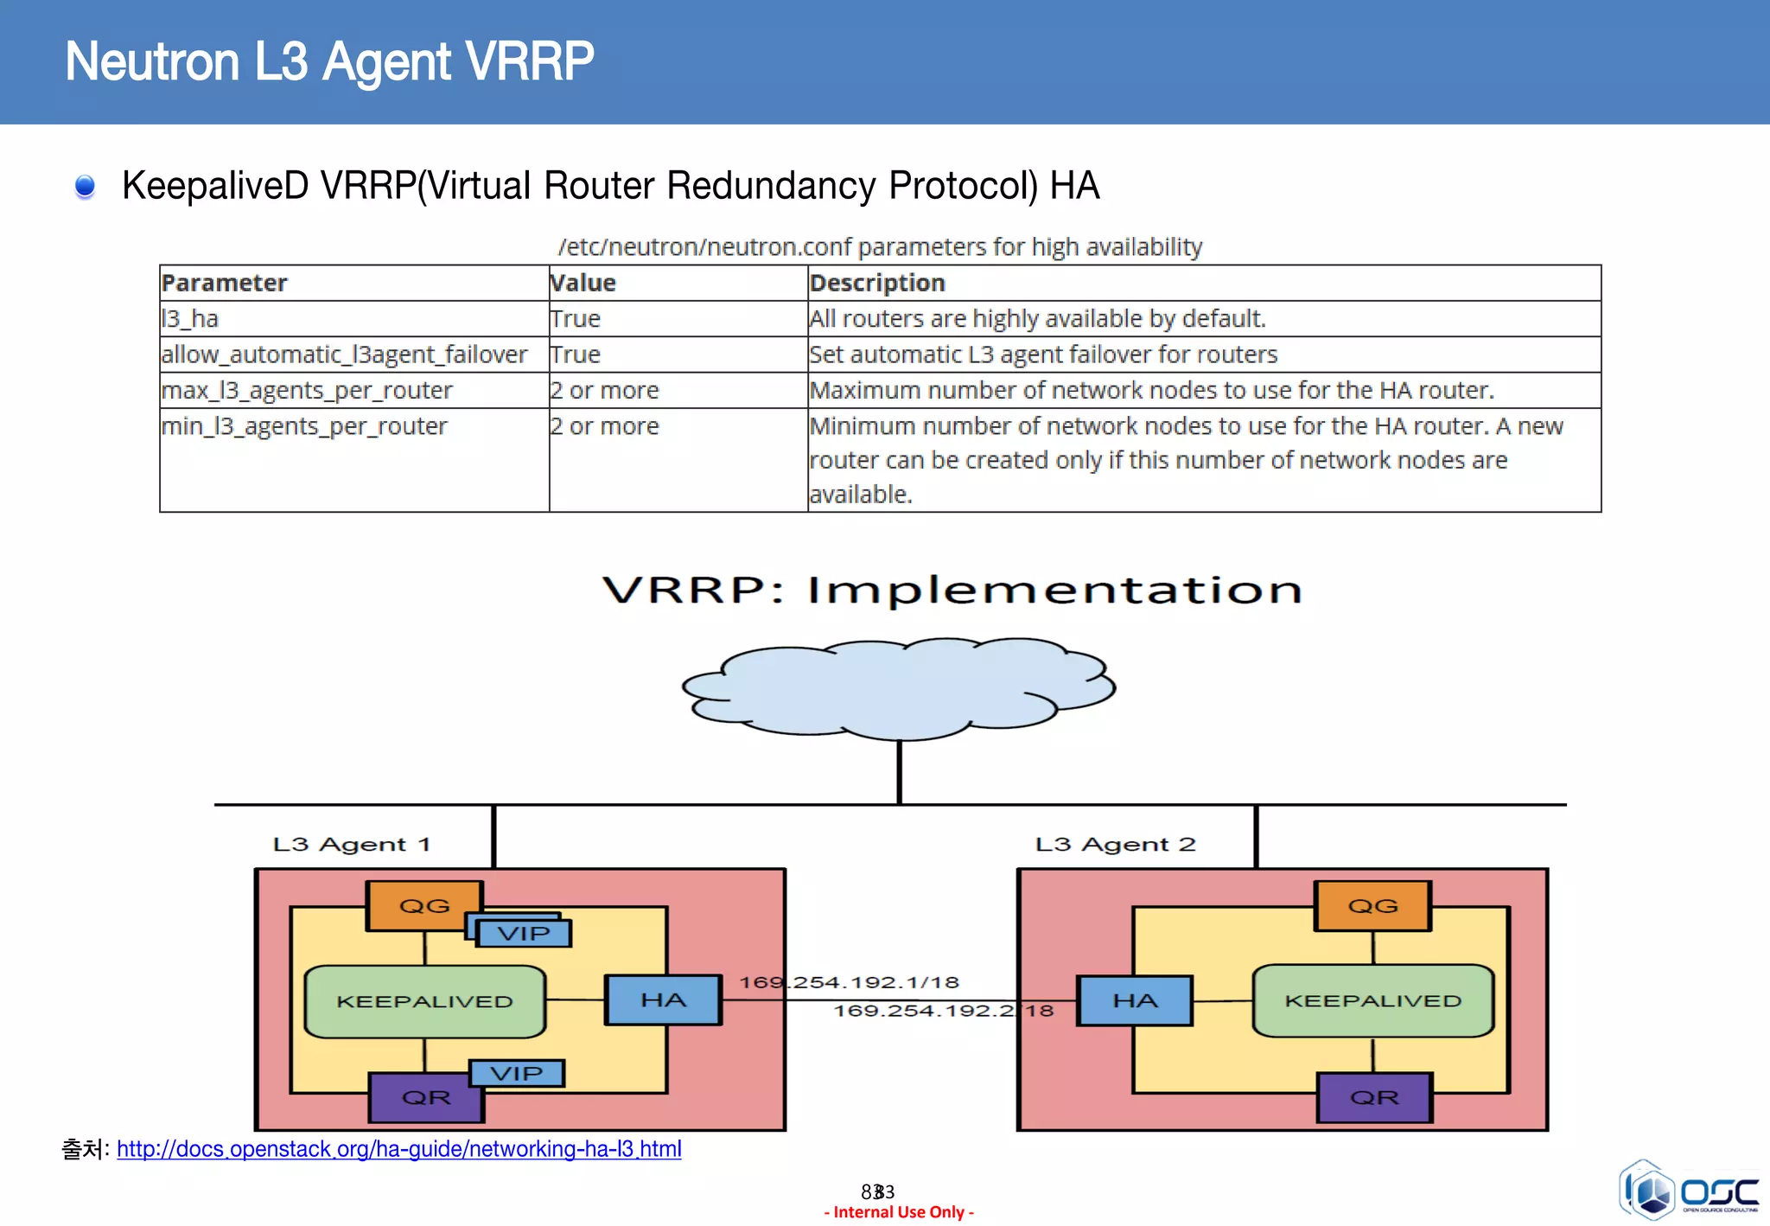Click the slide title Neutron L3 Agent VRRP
[x=329, y=61]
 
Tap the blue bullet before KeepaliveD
[x=85, y=186]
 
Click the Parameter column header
[x=224, y=283]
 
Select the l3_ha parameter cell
[x=190, y=319]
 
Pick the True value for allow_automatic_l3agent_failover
[x=576, y=354]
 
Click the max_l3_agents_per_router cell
[x=307, y=391]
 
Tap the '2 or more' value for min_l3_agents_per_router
[x=605, y=426]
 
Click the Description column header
[x=877, y=283]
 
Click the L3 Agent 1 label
[x=351, y=844]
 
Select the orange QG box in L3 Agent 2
[x=1372, y=906]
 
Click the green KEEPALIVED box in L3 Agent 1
[x=424, y=1001]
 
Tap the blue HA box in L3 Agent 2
[x=1135, y=1001]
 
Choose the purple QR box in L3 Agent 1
[x=426, y=1097]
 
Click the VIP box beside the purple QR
[x=516, y=1074]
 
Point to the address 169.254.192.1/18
[x=849, y=982]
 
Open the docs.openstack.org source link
[x=398, y=1149]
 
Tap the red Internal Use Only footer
[x=899, y=1212]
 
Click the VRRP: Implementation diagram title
[x=952, y=591]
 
